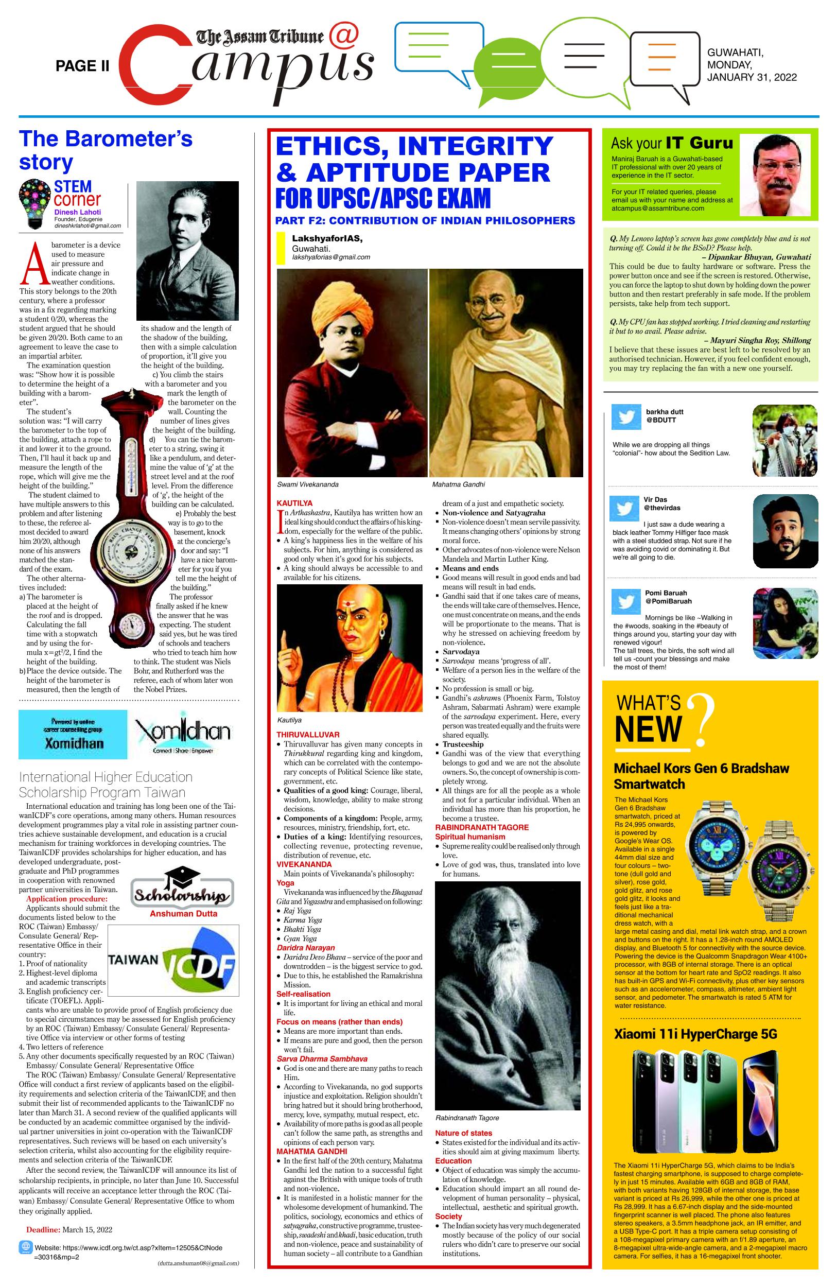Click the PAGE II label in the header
tap(82, 66)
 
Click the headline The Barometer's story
tap(106, 150)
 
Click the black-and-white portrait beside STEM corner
tap(187, 250)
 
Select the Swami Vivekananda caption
tap(308, 484)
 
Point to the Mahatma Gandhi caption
tap(459, 484)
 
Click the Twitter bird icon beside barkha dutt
tap(625, 417)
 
